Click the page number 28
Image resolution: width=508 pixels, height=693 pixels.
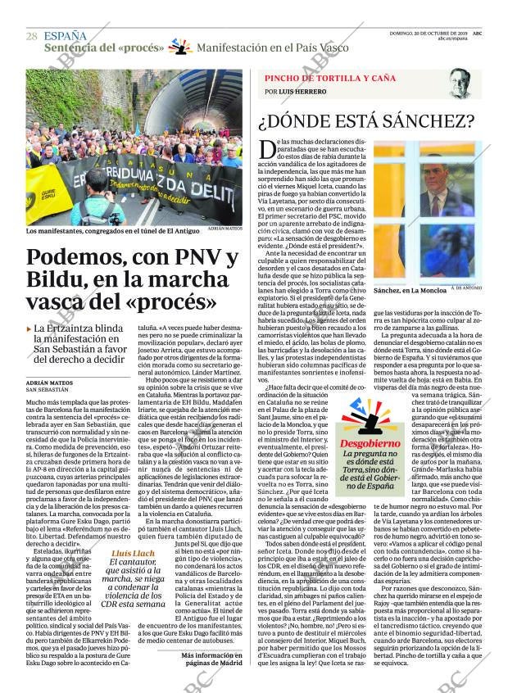pyautogui.click(x=31, y=36)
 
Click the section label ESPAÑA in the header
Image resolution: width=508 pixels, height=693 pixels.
pyautogui.click(x=66, y=35)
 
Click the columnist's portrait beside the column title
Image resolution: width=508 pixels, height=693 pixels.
pyautogui.click(x=459, y=84)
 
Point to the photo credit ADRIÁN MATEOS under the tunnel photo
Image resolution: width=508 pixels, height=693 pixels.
pyautogui.click(x=225, y=229)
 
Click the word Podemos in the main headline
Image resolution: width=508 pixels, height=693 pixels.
pyautogui.click(x=75, y=260)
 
